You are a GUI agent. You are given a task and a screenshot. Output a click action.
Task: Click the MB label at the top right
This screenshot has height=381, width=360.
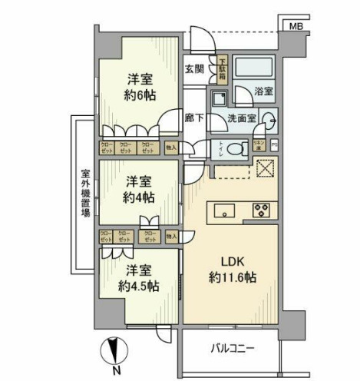pyautogui.click(x=296, y=28)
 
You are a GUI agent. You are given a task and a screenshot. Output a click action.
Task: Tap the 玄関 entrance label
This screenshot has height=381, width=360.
pyautogui.click(x=194, y=69)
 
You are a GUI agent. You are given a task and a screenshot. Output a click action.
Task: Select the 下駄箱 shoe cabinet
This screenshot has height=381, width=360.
pyautogui.click(x=221, y=70)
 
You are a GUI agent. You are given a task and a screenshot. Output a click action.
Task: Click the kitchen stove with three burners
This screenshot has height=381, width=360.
pyautogui.click(x=260, y=210)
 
